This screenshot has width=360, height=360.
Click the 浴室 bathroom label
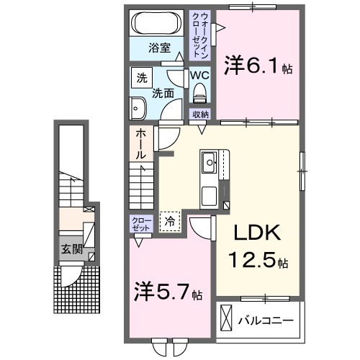coord(159,48)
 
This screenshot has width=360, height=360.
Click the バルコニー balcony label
coord(265,320)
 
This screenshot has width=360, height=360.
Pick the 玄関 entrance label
coord(70,249)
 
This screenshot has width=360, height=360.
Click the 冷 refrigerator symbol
coord(171,222)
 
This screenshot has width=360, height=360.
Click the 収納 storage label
coord(199,114)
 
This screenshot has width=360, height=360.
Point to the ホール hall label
coord(141,143)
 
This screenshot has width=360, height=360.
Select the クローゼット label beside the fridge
coord(140,222)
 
